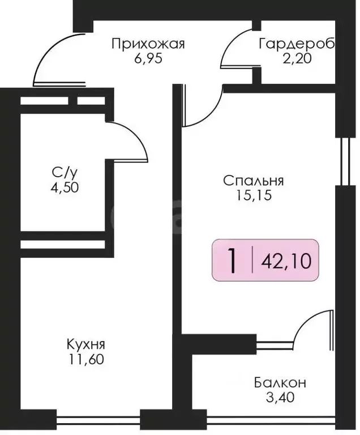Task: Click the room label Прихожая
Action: pyautogui.click(x=148, y=44)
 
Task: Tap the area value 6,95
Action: pyautogui.click(x=148, y=58)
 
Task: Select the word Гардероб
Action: pyautogui.click(x=297, y=44)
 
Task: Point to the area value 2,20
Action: pyautogui.click(x=296, y=58)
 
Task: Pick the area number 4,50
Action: pyautogui.click(x=63, y=187)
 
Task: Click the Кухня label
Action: pyautogui.click(x=85, y=344)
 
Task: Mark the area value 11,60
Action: pyautogui.click(x=85, y=359)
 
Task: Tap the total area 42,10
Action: pyautogui.click(x=286, y=262)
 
